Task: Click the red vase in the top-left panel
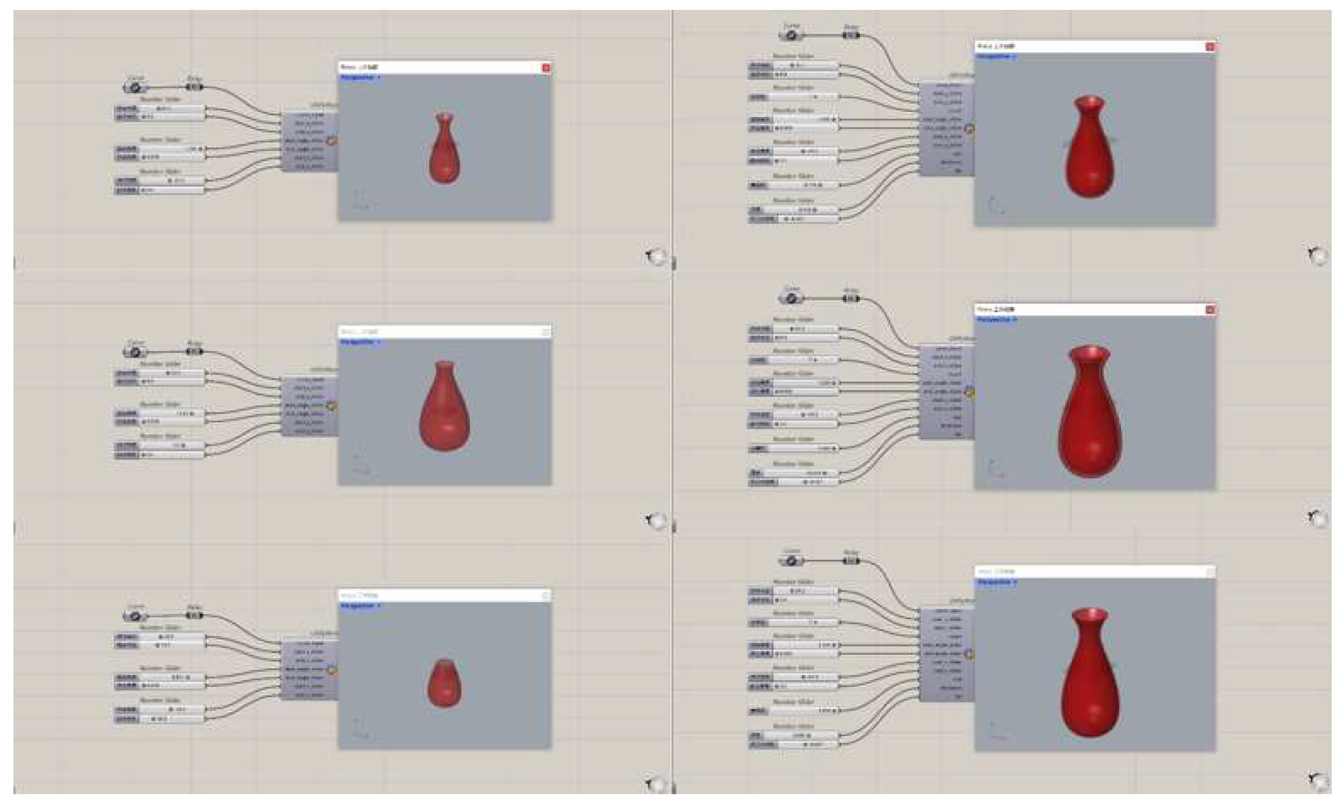point(444,149)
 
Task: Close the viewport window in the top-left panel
point(546,68)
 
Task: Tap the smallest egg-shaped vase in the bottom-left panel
point(444,683)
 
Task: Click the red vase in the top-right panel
point(1089,149)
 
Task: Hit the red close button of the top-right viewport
point(1210,47)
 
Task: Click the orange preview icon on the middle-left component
point(332,406)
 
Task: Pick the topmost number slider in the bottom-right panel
point(793,591)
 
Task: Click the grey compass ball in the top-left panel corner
point(657,257)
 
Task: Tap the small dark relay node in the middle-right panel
point(851,299)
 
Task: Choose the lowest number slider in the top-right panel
point(793,218)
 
